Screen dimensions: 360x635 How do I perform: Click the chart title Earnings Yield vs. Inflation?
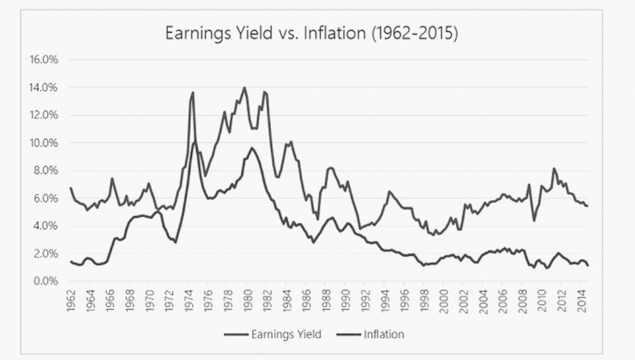click(x=311, y=35)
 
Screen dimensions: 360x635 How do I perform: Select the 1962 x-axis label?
click(x=72, y=302)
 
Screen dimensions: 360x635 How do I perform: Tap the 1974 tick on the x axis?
click(x=189, y=302)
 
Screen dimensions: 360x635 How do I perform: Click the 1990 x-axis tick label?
click(x=346, y=302)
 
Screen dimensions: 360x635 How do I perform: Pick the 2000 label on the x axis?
click(x=445, y=302)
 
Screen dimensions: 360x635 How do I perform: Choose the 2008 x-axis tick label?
click(x=523, y=302)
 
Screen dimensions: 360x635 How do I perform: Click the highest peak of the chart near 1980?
click(x=244, y=88)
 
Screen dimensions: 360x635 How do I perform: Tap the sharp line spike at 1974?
click(x=193, y=92)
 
